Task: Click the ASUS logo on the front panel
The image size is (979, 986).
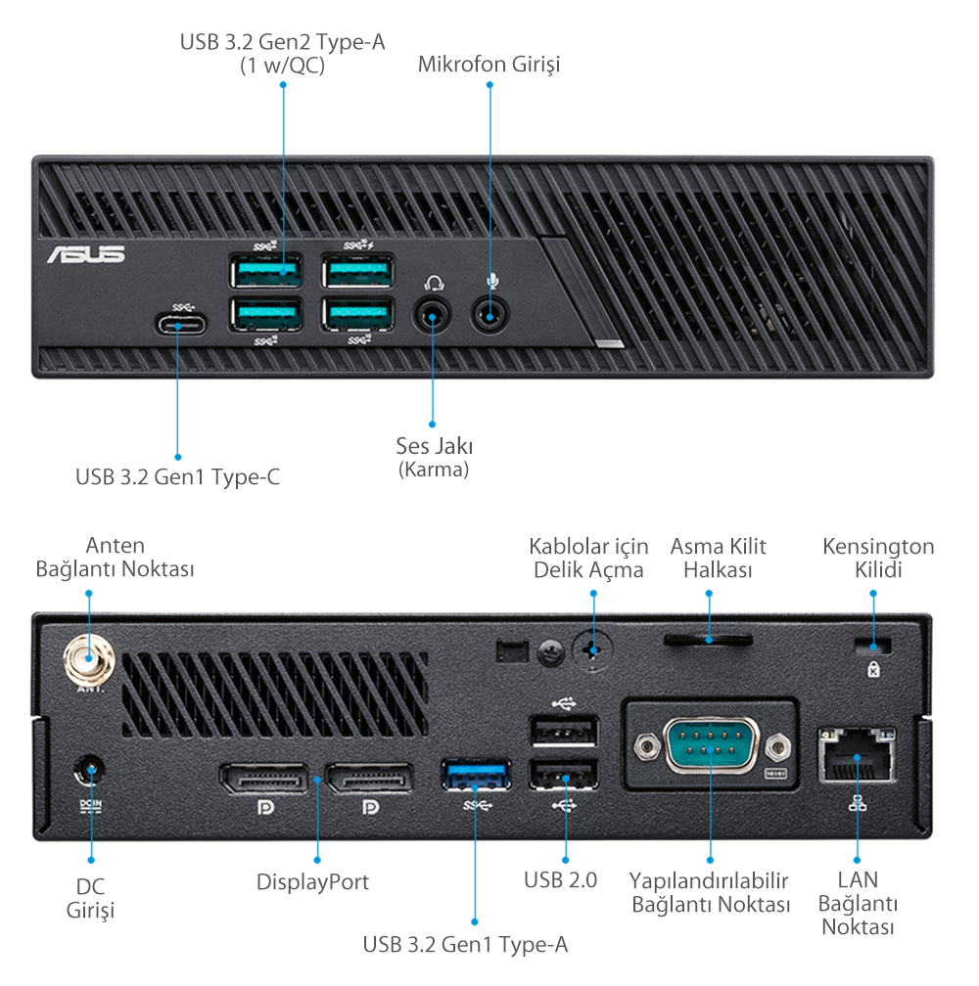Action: (x=86, y=254)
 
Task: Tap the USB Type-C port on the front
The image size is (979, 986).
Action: (x=178, y=325)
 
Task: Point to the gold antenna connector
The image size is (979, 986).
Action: (x=86, y=661)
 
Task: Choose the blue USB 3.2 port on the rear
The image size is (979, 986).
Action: (x=476, y=776)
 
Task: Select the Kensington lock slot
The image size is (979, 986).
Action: (x=873, y=646)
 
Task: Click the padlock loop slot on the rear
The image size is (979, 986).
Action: (x=708, y=640)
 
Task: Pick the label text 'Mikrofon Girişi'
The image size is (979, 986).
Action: (x=489, y=65)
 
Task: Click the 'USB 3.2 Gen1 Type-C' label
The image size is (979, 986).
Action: (x=177, y=477)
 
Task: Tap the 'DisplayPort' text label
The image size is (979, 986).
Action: (x=312, y=881)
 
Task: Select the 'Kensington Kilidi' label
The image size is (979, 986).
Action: (x=878, y=558)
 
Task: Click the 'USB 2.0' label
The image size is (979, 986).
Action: (x=560, y=878)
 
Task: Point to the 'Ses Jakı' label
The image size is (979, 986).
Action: (x=435, y=446)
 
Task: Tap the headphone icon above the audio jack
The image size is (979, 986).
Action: (x=434, y=283)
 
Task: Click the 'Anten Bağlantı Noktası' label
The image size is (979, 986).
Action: (x=115, y=557)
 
